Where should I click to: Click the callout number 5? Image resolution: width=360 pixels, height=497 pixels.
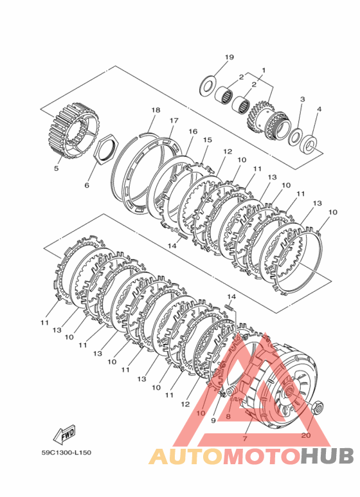(x=56, y=168)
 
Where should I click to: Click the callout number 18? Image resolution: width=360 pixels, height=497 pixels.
(x=156, y=110)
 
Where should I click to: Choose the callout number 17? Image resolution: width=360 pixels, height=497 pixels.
(x=174, y=120)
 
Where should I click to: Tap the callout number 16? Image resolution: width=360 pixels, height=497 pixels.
(x=193, y=131)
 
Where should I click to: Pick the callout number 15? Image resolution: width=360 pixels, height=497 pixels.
(x=208, y=140)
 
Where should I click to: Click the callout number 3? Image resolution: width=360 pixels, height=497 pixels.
(x=302, y=99)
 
